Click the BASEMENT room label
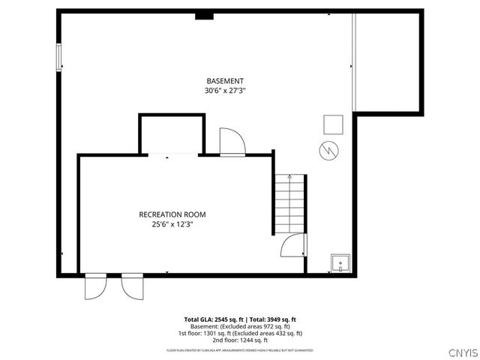[x=225, y=81]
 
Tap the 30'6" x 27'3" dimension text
[x=225, y=91]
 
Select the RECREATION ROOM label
[x=172, y=214]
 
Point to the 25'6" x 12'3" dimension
[x=172, y=224]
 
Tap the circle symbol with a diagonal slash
[x=328, y=150]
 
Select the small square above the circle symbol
[x=332, y=124]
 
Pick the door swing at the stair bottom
[x=293, y=245]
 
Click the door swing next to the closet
[x=229, y=141]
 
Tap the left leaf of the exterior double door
[x=96, y=285]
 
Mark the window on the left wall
[x=58, y=58]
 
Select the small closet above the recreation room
[x=172, y=135]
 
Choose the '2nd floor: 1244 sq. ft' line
[x=240, y=340]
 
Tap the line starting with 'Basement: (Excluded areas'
[x=240, y=326]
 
